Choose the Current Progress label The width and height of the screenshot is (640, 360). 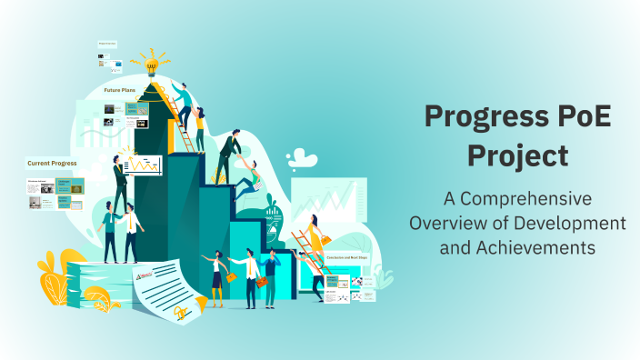pyautogui.click(x=52, y=164)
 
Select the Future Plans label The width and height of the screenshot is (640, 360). pyautogui.click(x=119, y=91)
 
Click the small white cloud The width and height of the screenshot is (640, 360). pyautogui.click(x=303, y=160)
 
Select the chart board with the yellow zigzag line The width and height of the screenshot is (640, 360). pyautogui.click(x=144, y=165)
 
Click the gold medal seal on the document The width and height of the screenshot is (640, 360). pyautogui.click(x=181, y=312)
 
